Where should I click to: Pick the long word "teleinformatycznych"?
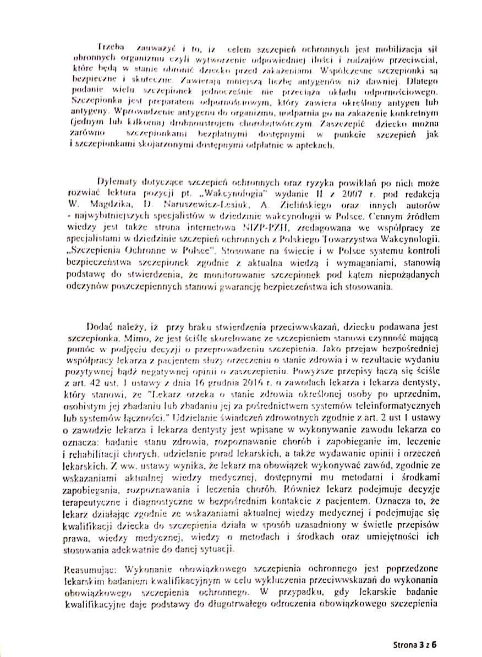[x=395, y=405]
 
